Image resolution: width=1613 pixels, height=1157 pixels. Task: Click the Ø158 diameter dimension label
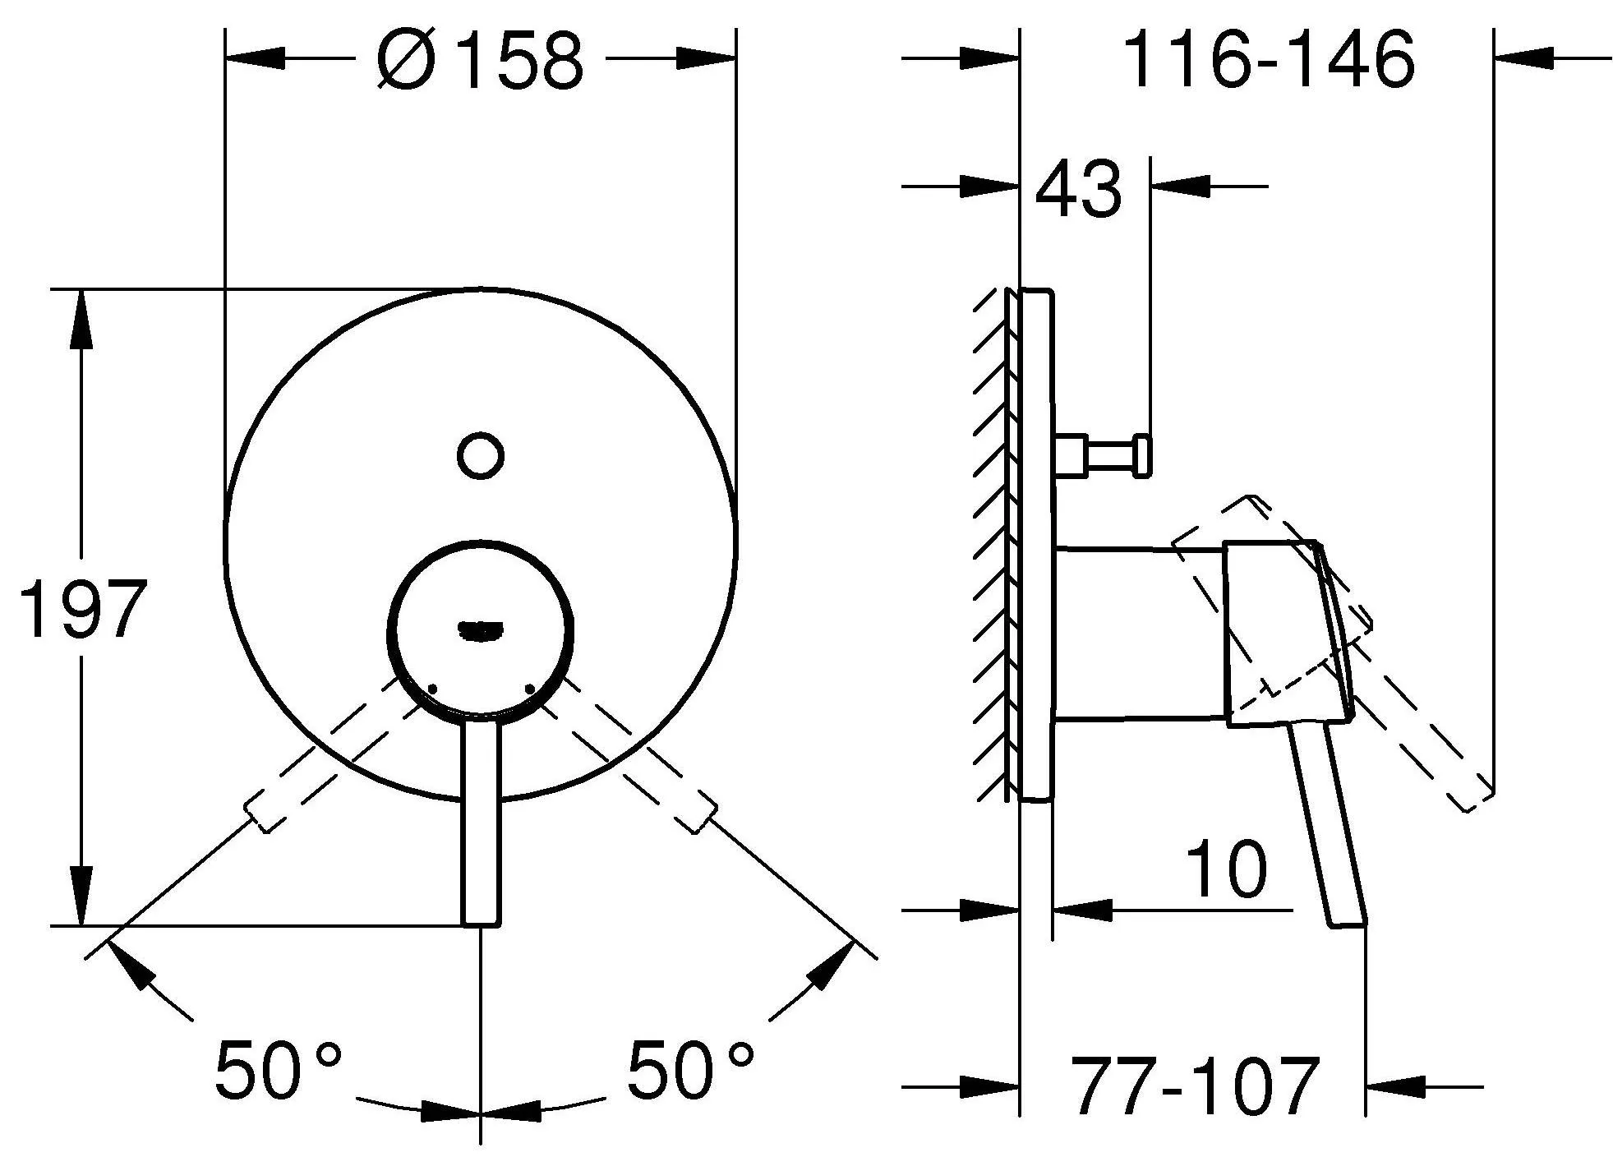(x=480, y=59)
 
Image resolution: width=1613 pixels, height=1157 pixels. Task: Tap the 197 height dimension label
(x=83, y=609)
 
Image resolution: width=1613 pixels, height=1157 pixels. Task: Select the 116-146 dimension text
(x=1268, y=59)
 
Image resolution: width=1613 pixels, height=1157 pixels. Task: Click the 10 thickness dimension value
(x=1227, y=869)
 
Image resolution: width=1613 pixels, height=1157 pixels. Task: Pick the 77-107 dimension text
(x=1196, y=1086)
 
